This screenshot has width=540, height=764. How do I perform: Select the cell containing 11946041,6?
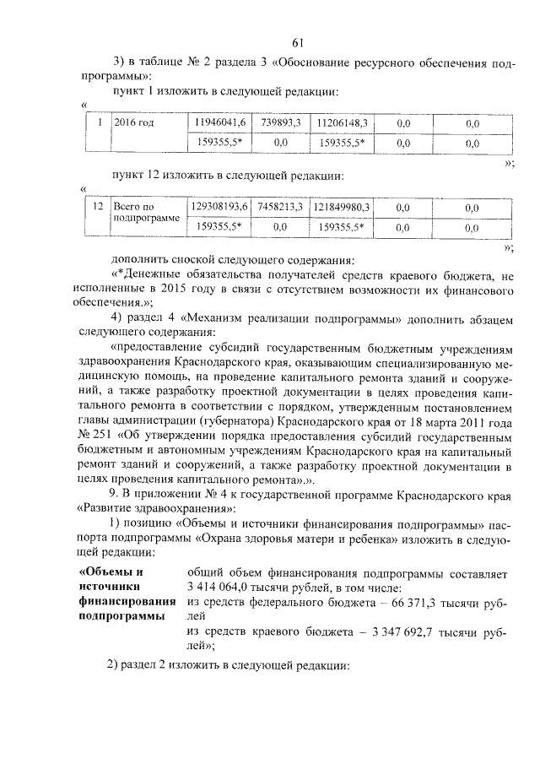(x=220, y=123)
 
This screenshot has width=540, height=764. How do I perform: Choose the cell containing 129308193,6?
(x=220, y=206)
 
